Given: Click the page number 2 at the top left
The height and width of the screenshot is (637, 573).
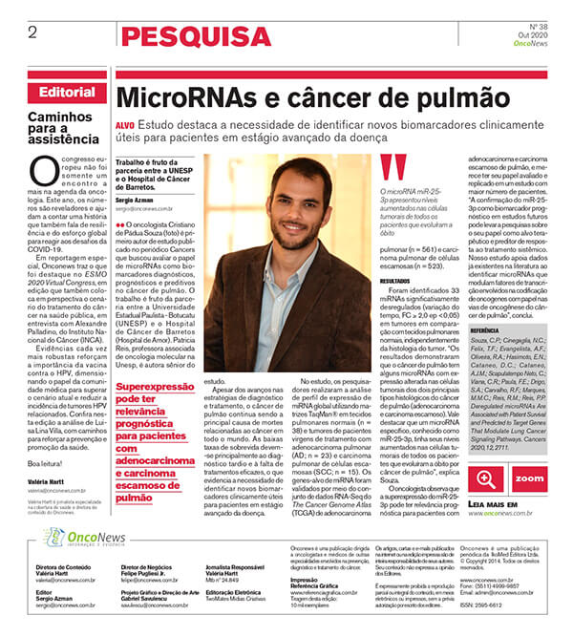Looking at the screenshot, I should (32, 32).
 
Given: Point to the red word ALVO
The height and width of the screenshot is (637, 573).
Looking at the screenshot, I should (124, 125).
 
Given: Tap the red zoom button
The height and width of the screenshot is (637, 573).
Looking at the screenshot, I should (528, 478).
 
